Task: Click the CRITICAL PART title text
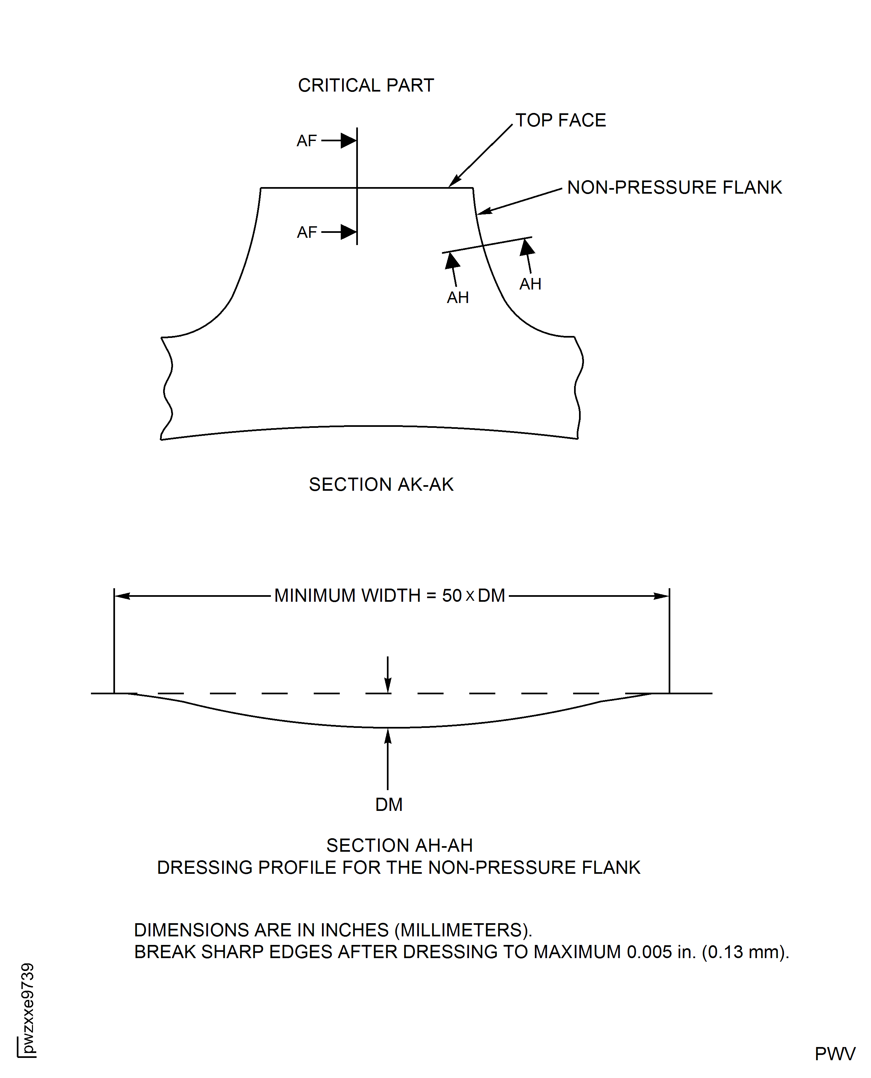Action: [x=366, y=85]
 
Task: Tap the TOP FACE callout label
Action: [x=561, y=120]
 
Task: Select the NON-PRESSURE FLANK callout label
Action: [x=674, y=187]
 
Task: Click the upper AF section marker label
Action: [x=306, y=141]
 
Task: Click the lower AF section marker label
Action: [x=306, y=233]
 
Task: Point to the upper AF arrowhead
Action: [x=349, y=140]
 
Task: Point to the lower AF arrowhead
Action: [x=349, y=232]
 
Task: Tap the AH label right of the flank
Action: [x=530, y=284]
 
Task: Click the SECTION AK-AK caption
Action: [x=381, y=485]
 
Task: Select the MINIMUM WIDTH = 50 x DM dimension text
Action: [x=390, y=596]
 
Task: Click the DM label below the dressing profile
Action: [x=389, y=805]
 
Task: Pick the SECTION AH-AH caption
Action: [x=399, y=846]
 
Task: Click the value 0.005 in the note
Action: [x=649, y=952]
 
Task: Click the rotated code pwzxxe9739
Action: [x=28, y=1009]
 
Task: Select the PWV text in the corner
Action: [x=835, y=1054]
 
